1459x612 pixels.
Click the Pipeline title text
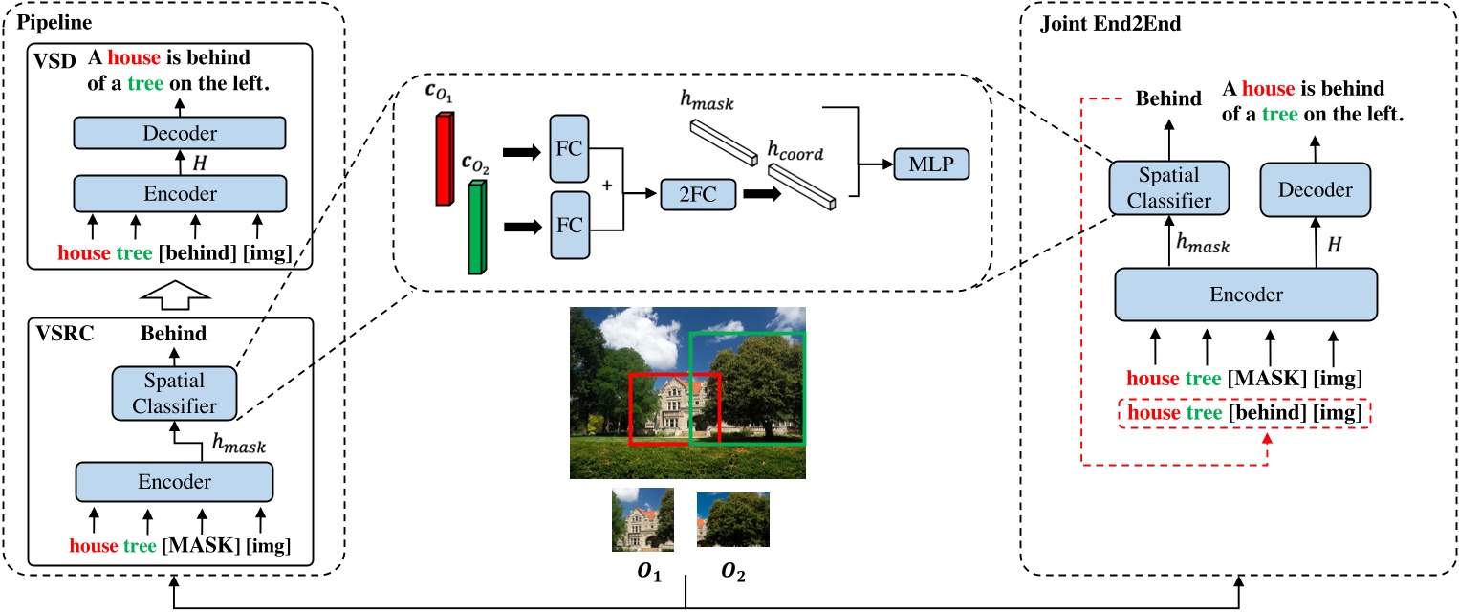click(47, 18)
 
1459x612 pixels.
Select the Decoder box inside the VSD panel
click(180, 132)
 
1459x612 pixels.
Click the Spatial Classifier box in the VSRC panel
click(174, 393)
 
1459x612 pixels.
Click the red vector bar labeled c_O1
click(442, 159)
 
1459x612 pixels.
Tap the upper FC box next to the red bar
click(570, 149)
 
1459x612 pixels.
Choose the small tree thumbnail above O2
click(732, 519)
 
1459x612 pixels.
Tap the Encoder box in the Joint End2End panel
click(1246, 294)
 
